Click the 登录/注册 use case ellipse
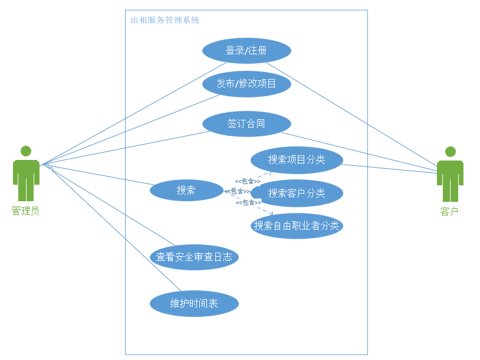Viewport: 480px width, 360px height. tap(246, 51)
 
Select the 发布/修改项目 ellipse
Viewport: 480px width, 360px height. tap(246, 84)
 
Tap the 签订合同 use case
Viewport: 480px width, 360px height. tap(246, 124)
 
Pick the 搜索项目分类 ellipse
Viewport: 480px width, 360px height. tap(297, 159)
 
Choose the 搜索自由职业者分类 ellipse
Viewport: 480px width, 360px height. tap(297, 226)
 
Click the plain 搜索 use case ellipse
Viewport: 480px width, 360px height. tap(186, 190)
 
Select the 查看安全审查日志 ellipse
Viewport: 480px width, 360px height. tap(194, 257)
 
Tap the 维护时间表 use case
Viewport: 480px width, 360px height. tap(194, 304)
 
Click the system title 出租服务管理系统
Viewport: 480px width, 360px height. tap(165, 20)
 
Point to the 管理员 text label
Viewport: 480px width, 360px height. tap(25, 211)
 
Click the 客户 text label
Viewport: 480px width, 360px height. tap(449, 211)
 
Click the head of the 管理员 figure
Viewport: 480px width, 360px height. tap(26, 151)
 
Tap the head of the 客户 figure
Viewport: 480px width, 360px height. tap(451, 152)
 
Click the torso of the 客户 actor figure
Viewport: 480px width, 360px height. tap(451, 172)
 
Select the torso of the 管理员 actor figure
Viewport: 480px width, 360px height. tap(26, 172)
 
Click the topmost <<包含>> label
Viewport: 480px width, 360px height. tap(248, 181)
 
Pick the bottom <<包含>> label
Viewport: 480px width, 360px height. tap(248, 202)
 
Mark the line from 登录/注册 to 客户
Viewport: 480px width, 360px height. tap(354, 112)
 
